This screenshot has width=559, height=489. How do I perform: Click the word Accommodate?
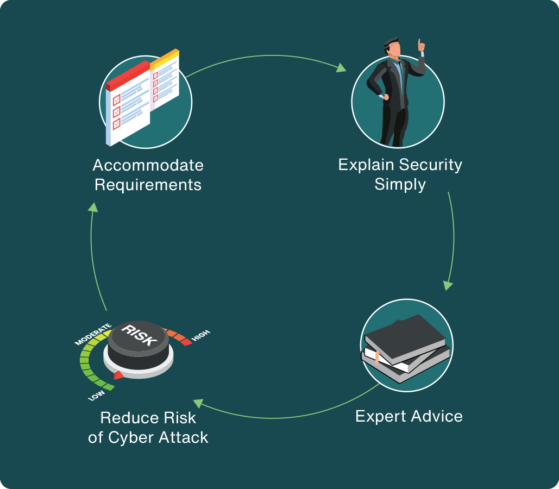coord(148,165)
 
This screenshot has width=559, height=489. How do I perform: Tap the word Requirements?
coord(148,185)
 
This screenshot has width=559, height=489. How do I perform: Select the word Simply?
coord(400,185)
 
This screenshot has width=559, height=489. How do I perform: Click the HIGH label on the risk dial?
coord(201,335)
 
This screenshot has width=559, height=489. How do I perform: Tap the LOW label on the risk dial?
coord(96,395)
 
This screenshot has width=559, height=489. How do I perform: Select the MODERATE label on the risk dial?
coord(93,334)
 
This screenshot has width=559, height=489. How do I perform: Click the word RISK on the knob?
coord(140,335)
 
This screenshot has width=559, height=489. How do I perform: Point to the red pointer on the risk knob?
coord(119,375)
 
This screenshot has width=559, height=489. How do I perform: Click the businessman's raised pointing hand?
coord(422,45)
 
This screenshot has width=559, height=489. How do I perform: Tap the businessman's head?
coord(393,47)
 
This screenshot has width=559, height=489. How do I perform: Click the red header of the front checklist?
coord(128,76)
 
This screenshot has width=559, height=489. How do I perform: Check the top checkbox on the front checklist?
coord(117,100)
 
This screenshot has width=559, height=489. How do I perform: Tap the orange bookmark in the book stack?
coord(377,358)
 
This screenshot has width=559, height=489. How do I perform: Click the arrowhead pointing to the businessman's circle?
coord(341,67)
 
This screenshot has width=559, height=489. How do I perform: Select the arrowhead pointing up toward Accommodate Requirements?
coord(93,207)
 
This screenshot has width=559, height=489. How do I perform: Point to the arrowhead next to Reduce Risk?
coord(198,403)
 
